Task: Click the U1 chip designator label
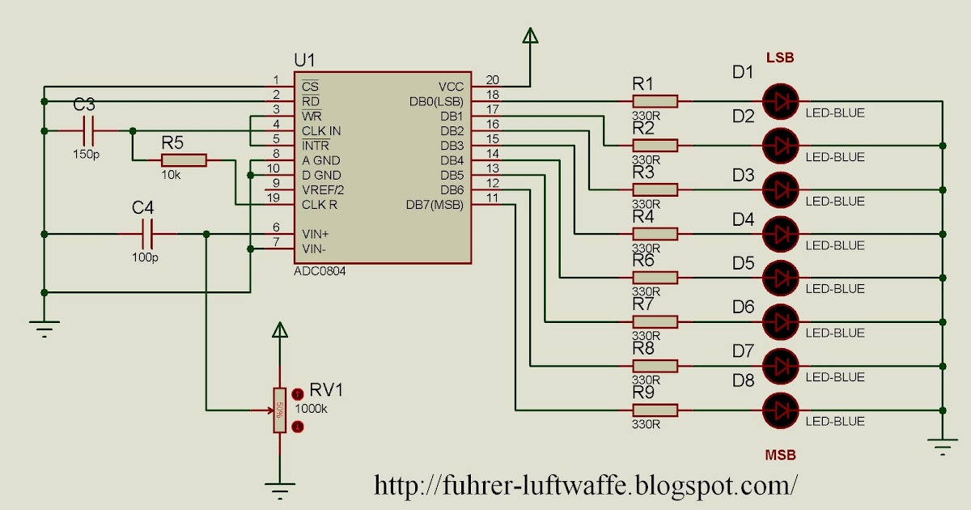click(305, 60)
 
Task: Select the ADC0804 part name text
click(320, 272)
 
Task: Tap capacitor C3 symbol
click(88, 130)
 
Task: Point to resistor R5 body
click(184, 160)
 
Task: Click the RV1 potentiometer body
click(279, 410)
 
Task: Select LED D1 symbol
click(781, 101)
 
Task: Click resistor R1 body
click(655, 101)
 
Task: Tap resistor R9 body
click(655, 410)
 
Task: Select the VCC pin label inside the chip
click(451, 87)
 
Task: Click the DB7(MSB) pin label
click(435, 205)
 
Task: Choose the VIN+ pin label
click(316, 233)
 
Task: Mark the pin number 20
click(492, 79)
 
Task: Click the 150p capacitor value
click(85, 153)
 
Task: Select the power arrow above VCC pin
click(531, 36)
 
